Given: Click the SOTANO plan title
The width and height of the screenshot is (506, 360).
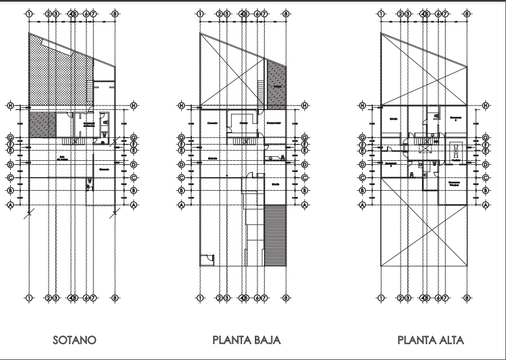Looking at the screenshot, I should click(x=74, y=340).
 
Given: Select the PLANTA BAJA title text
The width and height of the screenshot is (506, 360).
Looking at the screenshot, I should click(x=247, y=340).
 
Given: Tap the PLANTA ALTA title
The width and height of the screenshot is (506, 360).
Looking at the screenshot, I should click(x=430, y=340).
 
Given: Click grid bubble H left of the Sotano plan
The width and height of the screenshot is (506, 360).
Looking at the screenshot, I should click(x=10, y=106).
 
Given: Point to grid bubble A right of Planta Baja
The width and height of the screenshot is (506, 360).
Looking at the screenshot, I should click(x=305, y=205).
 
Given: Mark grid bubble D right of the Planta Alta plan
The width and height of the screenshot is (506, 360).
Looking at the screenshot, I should click(x=486, y=165).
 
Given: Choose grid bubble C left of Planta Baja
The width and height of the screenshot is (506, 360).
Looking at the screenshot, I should click(x=182, y=178).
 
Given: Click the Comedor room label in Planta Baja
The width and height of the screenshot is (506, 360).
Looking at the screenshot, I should click(x=212, y=122).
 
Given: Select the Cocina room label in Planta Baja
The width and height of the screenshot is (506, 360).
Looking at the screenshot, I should click(x=244, y=122).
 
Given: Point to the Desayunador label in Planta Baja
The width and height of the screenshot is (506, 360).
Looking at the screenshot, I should click(x=274, y=123).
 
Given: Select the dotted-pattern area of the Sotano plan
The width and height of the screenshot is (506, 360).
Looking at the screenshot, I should click(x=54, y=76).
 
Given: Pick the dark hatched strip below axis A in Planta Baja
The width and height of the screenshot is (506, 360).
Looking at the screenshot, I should click(x=275, y=235).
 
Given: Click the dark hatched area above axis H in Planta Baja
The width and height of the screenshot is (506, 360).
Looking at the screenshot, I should click(x=276, y=85).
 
